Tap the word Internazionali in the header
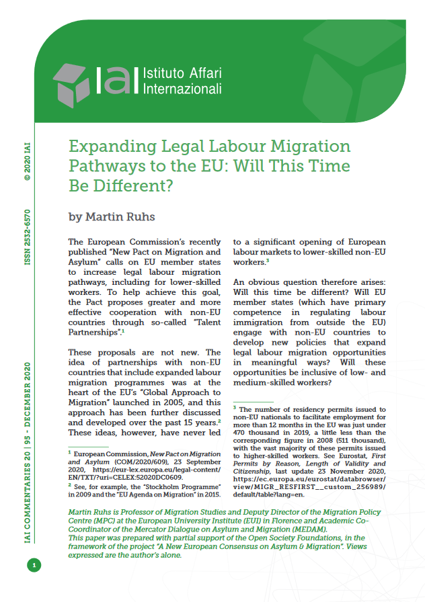click(x=182, y=89)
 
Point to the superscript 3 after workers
click(x=268, y=261)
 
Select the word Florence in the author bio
click(x=291, y=520)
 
